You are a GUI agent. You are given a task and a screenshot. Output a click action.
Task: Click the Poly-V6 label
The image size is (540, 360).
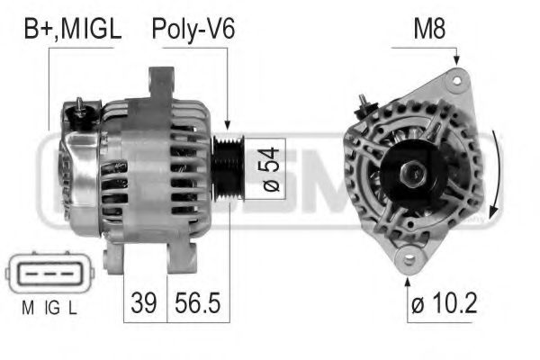point(193,30)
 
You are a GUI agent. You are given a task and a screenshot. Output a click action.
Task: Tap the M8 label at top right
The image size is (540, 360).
point(429,29)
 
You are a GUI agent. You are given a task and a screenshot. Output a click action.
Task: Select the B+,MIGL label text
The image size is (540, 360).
point(73,30)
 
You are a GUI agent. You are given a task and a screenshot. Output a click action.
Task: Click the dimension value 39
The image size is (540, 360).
point(144,302)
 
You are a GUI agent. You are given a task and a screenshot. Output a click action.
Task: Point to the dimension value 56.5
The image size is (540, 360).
point(197,302)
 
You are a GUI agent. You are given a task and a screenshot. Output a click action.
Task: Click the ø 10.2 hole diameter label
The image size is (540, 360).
point(445,303)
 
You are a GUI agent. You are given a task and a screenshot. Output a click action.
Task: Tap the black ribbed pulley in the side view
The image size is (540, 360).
point(228,168)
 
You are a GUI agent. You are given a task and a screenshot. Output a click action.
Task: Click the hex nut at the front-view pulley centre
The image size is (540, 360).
point(413,173)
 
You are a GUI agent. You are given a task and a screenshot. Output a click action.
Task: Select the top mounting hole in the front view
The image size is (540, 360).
point(457,81)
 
